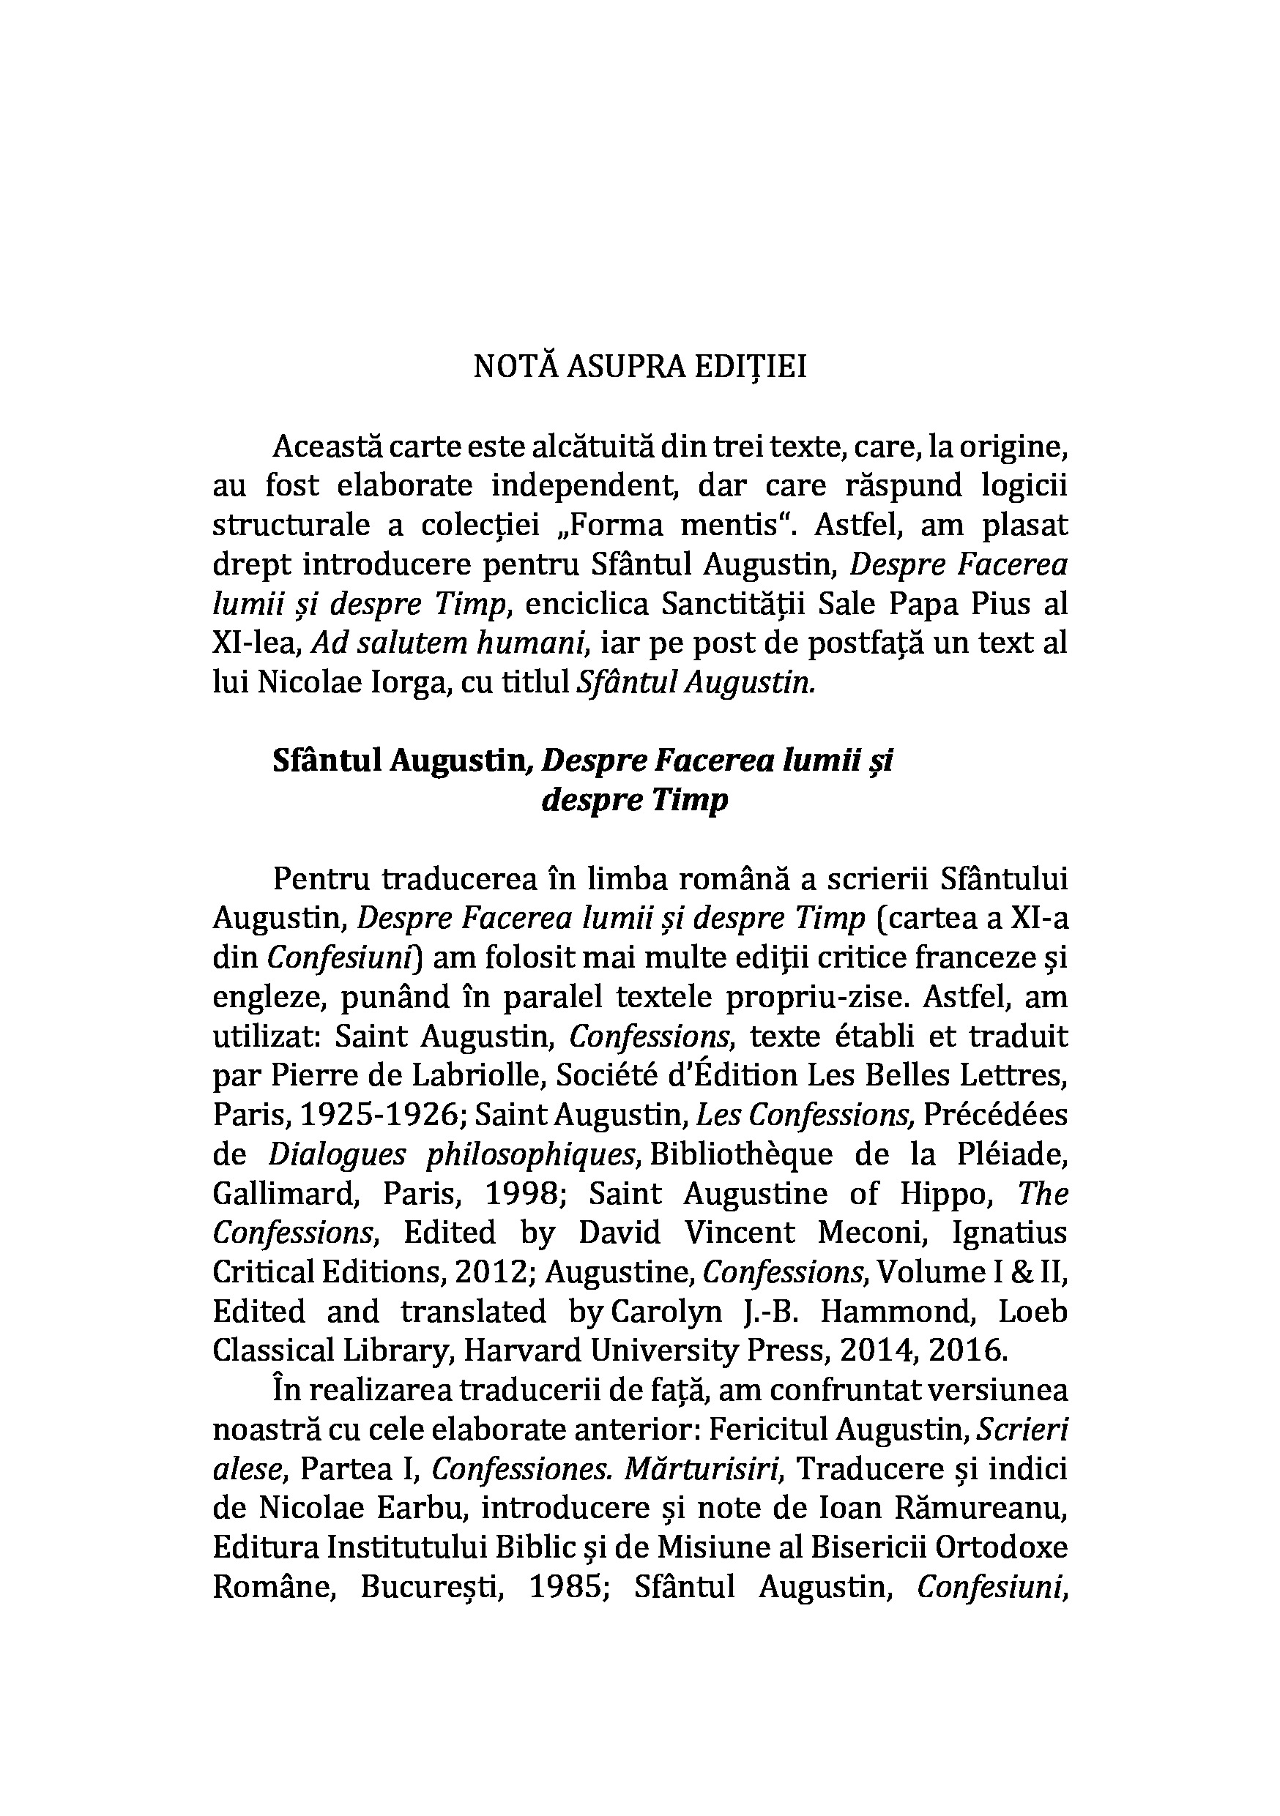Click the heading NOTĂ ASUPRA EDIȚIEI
(x=639, y=367)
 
